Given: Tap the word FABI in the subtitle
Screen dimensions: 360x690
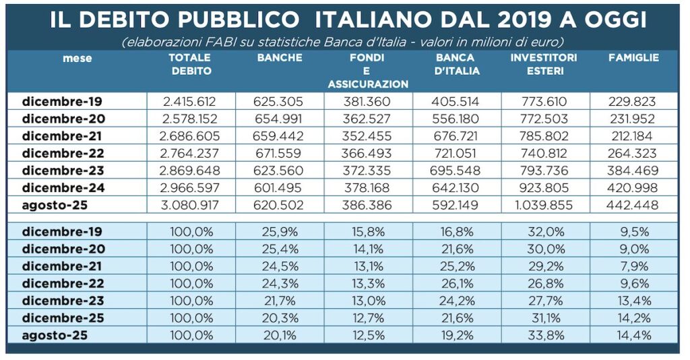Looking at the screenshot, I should pyautogui.click(x=217, y=42).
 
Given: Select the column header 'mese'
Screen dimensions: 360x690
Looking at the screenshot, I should pyautogui.click(x=77, y=59).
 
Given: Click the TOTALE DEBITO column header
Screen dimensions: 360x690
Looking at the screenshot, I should pyautogui.click(x=191, y=64).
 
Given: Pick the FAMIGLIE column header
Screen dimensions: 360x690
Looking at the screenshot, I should pyautogui.click(x=633, y=58).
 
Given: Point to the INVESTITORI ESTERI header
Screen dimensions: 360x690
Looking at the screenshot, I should pyautogui.click(x=544, y=64).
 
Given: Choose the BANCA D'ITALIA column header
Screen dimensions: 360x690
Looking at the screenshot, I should pyautogui.click(x=456, y=64).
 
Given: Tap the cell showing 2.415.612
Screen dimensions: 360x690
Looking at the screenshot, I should pyautogui.click(x=191, y=102).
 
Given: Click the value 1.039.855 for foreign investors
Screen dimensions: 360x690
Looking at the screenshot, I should pyautogui.click(x=544, y=204).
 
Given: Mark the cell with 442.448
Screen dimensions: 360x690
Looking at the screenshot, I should pyautogui.click(x=633, y=204).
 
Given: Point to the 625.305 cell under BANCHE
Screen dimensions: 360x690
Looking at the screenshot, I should pyautogui.click(x=278, y=102).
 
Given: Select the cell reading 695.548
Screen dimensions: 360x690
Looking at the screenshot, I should pyautogui.click(x=456, y=170).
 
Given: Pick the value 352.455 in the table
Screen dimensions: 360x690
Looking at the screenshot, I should pyautogui.click(x=367, y=136).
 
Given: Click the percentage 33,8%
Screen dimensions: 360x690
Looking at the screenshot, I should pyautogui.click(x=544, y=334).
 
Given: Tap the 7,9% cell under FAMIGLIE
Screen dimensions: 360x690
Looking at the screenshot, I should pyautogui.click(x=633, y=266).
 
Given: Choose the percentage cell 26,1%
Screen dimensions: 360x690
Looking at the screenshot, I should pyautogui.click(x=456, y=282).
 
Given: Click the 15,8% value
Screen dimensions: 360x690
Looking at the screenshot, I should pyautogui.click(x=367, y=231).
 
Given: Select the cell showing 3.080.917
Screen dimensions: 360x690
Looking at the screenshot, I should pyautogui.click(x=191, y=204).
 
